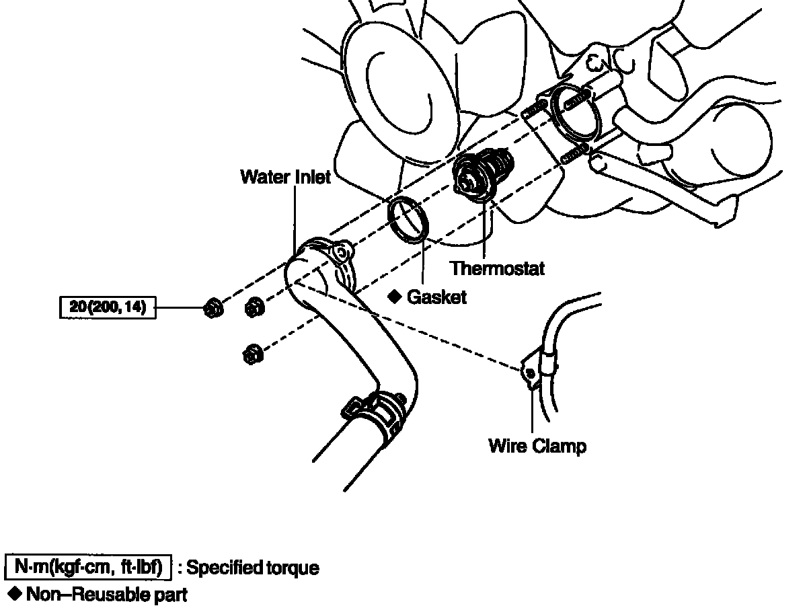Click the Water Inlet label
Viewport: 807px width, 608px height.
point(285,177)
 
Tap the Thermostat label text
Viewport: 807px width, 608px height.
point(497,268)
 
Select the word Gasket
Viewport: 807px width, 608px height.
point(436,297)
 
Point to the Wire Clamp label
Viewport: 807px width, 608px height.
point(537,446)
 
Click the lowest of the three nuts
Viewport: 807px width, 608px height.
point(253,354)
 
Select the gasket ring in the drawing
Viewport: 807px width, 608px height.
point(408,220)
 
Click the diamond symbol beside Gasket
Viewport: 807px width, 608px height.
point(395,297)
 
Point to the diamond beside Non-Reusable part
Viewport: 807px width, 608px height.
point(15,594)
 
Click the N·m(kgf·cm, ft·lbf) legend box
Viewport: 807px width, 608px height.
point(88,567)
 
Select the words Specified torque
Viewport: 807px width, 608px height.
point(253,568)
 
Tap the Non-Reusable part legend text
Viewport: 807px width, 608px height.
point(107,595)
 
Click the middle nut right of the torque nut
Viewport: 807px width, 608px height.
point(254,307)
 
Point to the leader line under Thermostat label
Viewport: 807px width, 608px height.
point(484,229)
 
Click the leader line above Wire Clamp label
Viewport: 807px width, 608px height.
point(532,411)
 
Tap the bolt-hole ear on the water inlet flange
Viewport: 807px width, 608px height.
point(342,252)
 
